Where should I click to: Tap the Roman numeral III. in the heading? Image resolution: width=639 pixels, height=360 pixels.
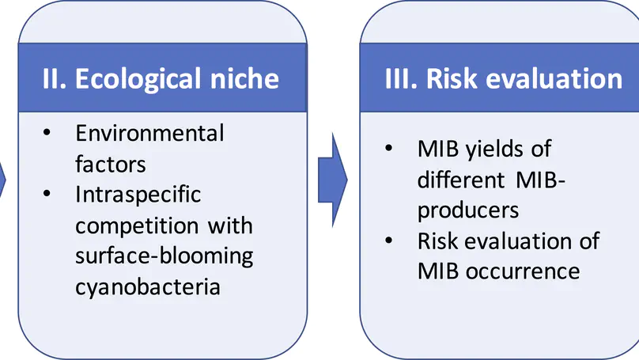399,79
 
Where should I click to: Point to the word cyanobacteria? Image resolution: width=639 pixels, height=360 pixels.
148,286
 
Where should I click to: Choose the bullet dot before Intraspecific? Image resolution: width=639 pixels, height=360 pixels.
48,195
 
